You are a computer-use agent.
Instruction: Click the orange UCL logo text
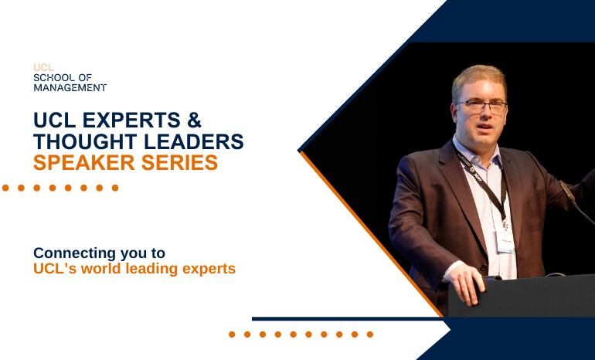[x=43, y=67]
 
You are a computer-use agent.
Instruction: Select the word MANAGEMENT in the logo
[x=70, y=87]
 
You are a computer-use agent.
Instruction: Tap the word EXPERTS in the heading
[x=131, y=120]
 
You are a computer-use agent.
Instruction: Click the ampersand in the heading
[x=194, y=120]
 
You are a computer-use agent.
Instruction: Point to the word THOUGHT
[x=85, y=141]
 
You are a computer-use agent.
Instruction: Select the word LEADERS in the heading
[x=194, y=141]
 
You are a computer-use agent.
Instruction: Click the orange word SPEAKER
[x=84, y=163]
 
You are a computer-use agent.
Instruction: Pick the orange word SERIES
[x=180, y=163]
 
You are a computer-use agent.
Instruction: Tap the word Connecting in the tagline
[x=75, y=253]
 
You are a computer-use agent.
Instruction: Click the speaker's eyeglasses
[x=481, y=107]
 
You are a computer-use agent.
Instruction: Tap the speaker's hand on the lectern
[x=466, y=284]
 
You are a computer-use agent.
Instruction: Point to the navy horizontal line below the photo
[x=348, y=319]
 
